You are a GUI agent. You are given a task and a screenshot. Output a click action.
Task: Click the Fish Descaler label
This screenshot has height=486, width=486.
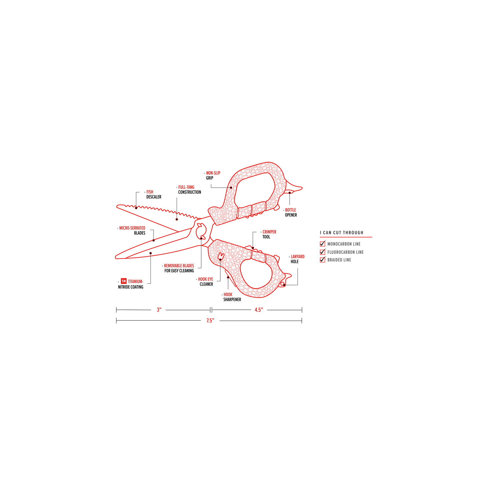[154, 194]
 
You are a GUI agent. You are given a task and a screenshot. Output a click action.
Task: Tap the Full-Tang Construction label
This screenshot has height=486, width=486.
[190, 190]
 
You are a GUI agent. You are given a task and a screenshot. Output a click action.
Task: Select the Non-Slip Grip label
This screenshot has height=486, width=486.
[213, 176]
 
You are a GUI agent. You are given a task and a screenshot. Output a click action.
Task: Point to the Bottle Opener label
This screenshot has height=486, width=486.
[291, 213]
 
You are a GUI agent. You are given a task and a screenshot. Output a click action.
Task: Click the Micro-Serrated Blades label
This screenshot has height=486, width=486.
[132, 230]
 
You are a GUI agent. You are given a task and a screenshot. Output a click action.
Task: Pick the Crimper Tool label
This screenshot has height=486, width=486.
[269, 234]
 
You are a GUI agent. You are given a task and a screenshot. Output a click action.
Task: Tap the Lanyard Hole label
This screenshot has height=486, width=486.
[297, 259]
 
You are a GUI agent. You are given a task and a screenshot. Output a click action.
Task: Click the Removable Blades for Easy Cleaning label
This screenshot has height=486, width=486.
[179, 268]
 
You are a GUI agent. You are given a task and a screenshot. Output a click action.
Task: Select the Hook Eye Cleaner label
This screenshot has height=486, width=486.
[206, 282]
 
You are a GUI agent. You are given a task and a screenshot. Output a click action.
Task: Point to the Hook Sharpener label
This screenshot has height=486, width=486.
[232, 297]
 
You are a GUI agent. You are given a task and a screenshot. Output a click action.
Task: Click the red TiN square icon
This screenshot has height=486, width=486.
[123, 281]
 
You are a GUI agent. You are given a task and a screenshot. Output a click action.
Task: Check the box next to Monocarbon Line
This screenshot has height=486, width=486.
[322, 244]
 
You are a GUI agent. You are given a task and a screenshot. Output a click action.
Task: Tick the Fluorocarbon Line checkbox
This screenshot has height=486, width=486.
[322, 252]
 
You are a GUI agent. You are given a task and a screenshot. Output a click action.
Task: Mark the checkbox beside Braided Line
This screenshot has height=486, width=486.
[322, 260]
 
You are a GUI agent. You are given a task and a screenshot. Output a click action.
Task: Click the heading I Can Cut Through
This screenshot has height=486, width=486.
[342, 233]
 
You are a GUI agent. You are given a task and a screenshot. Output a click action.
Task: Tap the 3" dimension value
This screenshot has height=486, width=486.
[159, 310]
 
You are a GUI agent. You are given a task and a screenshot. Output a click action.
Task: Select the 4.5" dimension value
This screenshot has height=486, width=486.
[259, 310]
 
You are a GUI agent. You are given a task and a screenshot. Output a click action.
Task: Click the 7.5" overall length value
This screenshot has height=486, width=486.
[210, 320]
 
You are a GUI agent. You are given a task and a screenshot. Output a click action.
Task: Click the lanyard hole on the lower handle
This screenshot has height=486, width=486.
[283, 284]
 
